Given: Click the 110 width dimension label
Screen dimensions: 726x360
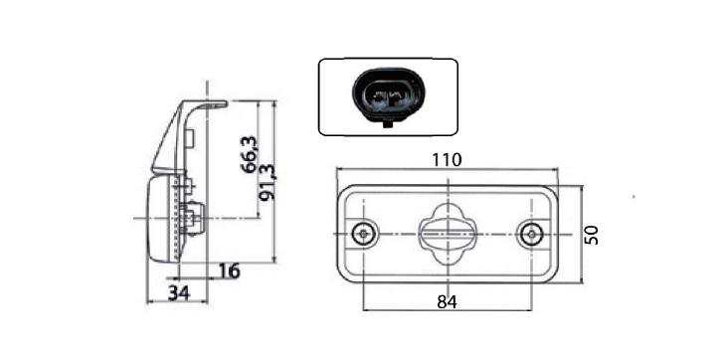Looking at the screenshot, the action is (x=447, y=160).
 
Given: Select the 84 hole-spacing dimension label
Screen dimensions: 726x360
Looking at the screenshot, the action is (x=447, y=302).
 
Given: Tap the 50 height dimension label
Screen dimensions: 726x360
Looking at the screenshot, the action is (x=592, y=235).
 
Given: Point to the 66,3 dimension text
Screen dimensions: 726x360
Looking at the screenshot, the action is (x=250, y=154).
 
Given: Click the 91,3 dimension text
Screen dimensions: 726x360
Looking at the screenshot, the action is (x=268, y=182).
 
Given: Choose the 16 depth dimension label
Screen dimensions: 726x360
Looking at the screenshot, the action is (x=229, y=270).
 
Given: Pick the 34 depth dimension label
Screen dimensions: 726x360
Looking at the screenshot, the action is (x=179, y=293).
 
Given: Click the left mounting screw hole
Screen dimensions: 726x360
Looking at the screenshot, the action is (x=363, y=234).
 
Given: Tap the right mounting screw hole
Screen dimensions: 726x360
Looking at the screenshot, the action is (x=531, y=234).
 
